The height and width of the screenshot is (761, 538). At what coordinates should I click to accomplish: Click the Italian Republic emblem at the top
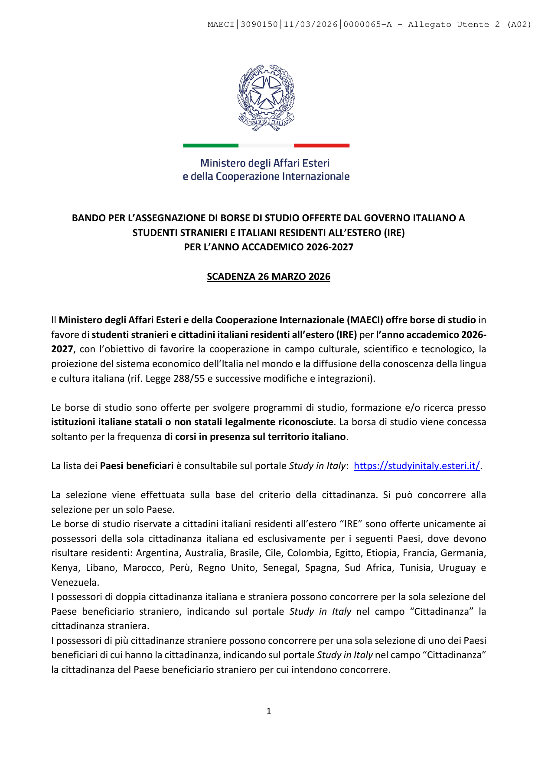[266, 97]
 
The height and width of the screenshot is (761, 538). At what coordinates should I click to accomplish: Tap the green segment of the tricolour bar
[211, 145]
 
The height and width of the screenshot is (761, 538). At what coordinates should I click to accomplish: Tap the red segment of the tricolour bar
[321, 145]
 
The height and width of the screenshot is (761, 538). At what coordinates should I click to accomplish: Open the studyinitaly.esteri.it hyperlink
[417, 466]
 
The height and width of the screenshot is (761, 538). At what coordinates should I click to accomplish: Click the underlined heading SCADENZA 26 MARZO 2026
[268, 276]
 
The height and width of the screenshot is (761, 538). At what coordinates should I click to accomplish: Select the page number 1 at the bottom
[269, 711]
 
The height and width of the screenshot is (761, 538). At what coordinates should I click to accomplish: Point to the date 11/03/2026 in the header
[310, 24]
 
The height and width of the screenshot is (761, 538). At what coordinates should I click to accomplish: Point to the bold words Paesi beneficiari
[137, 466]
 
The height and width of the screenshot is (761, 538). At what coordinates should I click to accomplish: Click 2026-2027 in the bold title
[329, 247]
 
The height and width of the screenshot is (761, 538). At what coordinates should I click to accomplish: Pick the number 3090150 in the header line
[259, 24]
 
